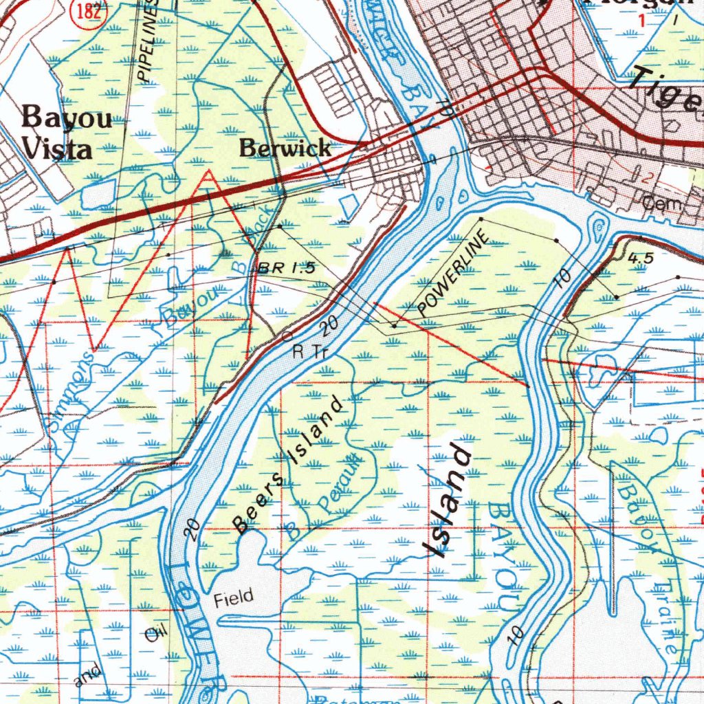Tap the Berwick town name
(x=285, y=148)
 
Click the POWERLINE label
(x=453, y=273)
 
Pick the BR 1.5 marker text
(x=287, y=269)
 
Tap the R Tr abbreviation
(x=309, y=353)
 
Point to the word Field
(x=233, y=596)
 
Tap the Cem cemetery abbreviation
(x=661, y=203)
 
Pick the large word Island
(x=447, y=500)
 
